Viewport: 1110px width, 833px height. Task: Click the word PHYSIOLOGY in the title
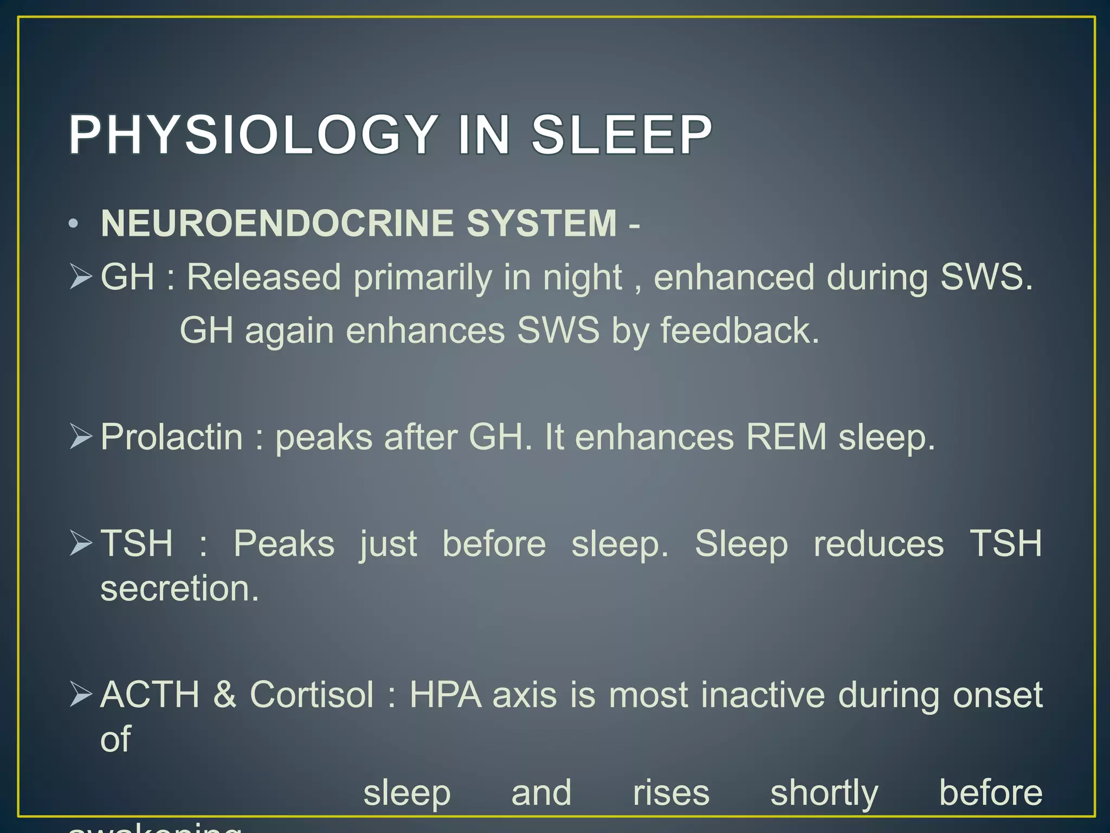[x=253, y=134]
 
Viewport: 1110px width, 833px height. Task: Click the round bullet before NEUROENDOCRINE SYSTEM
[x=74, y=224]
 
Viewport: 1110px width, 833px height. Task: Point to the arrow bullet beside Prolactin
[x=81, y=437]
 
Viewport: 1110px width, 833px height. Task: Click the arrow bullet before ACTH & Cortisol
[x=81, y=695]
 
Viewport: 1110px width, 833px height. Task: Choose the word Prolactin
[x=172, y=437]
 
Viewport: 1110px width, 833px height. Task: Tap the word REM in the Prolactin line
[x=786, y=437]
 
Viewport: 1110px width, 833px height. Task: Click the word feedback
[x=740, y=331]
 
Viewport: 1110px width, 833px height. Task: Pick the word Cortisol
[x=312, y=695]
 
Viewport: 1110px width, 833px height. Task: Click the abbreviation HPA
[x=446, y=695]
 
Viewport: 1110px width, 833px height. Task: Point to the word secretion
[x=179, y=588]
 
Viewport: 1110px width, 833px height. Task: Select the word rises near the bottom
[x=671, y=793]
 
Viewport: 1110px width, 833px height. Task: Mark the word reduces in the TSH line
[x=879, y=544]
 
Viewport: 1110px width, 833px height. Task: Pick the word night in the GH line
[x=583, y=278]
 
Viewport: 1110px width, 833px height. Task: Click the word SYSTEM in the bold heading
[x=541, y=223]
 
